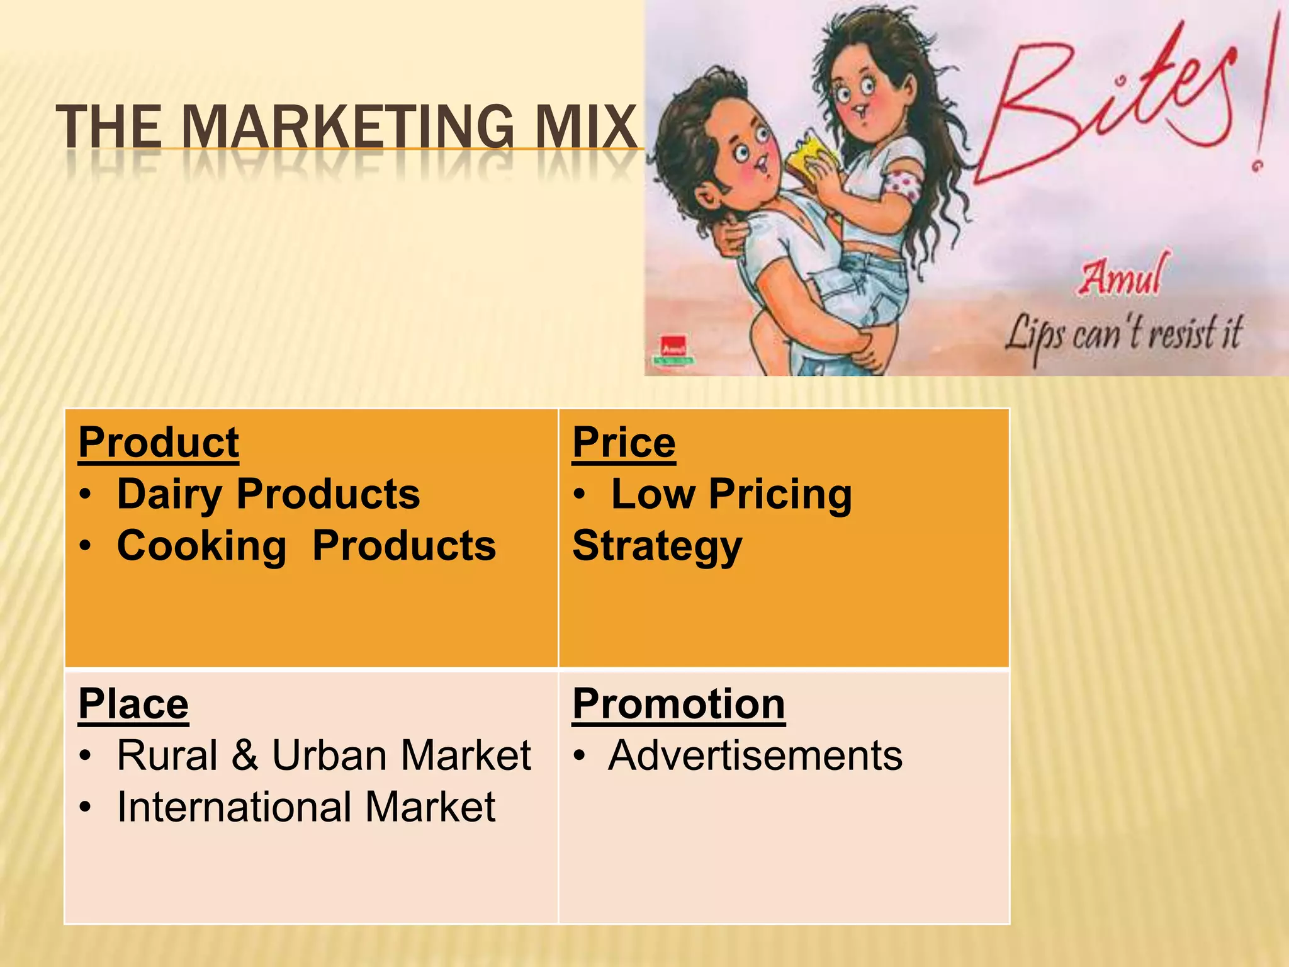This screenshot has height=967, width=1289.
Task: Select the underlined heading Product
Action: point(159,443)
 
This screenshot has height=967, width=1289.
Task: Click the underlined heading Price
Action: point(624,443)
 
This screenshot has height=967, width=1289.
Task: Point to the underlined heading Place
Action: point(133,704)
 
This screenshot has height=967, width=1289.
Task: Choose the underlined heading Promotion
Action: point(678,704)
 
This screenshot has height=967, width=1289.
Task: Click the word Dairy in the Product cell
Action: point(169,495)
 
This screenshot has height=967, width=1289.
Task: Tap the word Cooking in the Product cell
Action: point(201,546)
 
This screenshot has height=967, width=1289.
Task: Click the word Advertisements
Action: point(755,755)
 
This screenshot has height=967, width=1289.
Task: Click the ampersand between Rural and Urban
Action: point(245,755)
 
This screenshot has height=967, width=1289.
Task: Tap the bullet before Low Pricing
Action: point(580,495)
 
